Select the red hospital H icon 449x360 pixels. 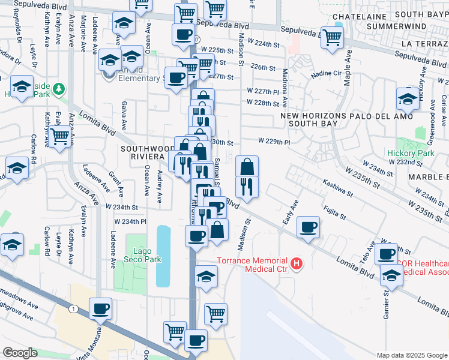point(295,263)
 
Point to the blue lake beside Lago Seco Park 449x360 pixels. point(163,256)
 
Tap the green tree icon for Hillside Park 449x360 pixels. point(58,89)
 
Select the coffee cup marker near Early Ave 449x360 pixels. point(308,227)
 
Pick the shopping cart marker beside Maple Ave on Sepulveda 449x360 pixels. point(332,37)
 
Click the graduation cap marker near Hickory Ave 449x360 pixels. point(408,98)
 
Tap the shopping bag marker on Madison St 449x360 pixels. point(247,166)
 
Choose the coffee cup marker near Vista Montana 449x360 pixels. point(100,308)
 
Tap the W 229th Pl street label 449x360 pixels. point(274,142)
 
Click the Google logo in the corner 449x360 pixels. point(20,353)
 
